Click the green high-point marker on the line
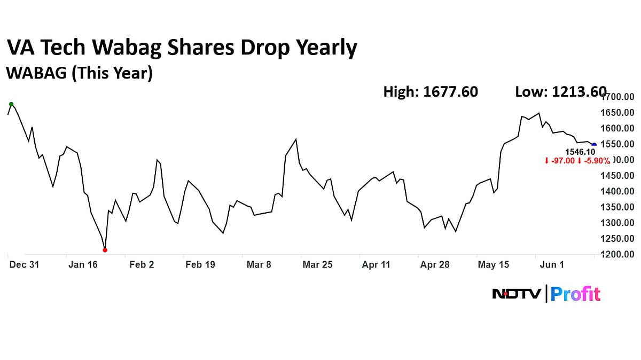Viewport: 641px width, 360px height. tap(11, 104)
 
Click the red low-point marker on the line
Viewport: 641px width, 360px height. tap(105, 250)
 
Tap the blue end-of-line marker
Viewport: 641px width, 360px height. tap(594, 145)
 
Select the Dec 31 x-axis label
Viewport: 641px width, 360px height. tap(24, 264)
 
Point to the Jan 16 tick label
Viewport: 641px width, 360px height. tap(83, 264)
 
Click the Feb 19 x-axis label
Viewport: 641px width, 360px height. tap(200, 264)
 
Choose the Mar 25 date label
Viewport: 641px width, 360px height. tap(318, 264)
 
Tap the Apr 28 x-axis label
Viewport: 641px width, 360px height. tap(435, 264)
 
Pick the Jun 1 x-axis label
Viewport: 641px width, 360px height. tap(552, 264)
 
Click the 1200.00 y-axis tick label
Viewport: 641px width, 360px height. tap(617, 254)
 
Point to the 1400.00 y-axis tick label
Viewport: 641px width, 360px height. tap(617, 191)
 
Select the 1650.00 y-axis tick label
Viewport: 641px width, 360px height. tap(617, 113)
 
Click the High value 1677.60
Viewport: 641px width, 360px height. tap(450, 92)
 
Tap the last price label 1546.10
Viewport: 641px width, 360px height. tap(580, 152)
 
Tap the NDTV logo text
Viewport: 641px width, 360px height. tap(517, 294)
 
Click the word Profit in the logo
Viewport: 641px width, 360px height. tap(575, 294)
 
